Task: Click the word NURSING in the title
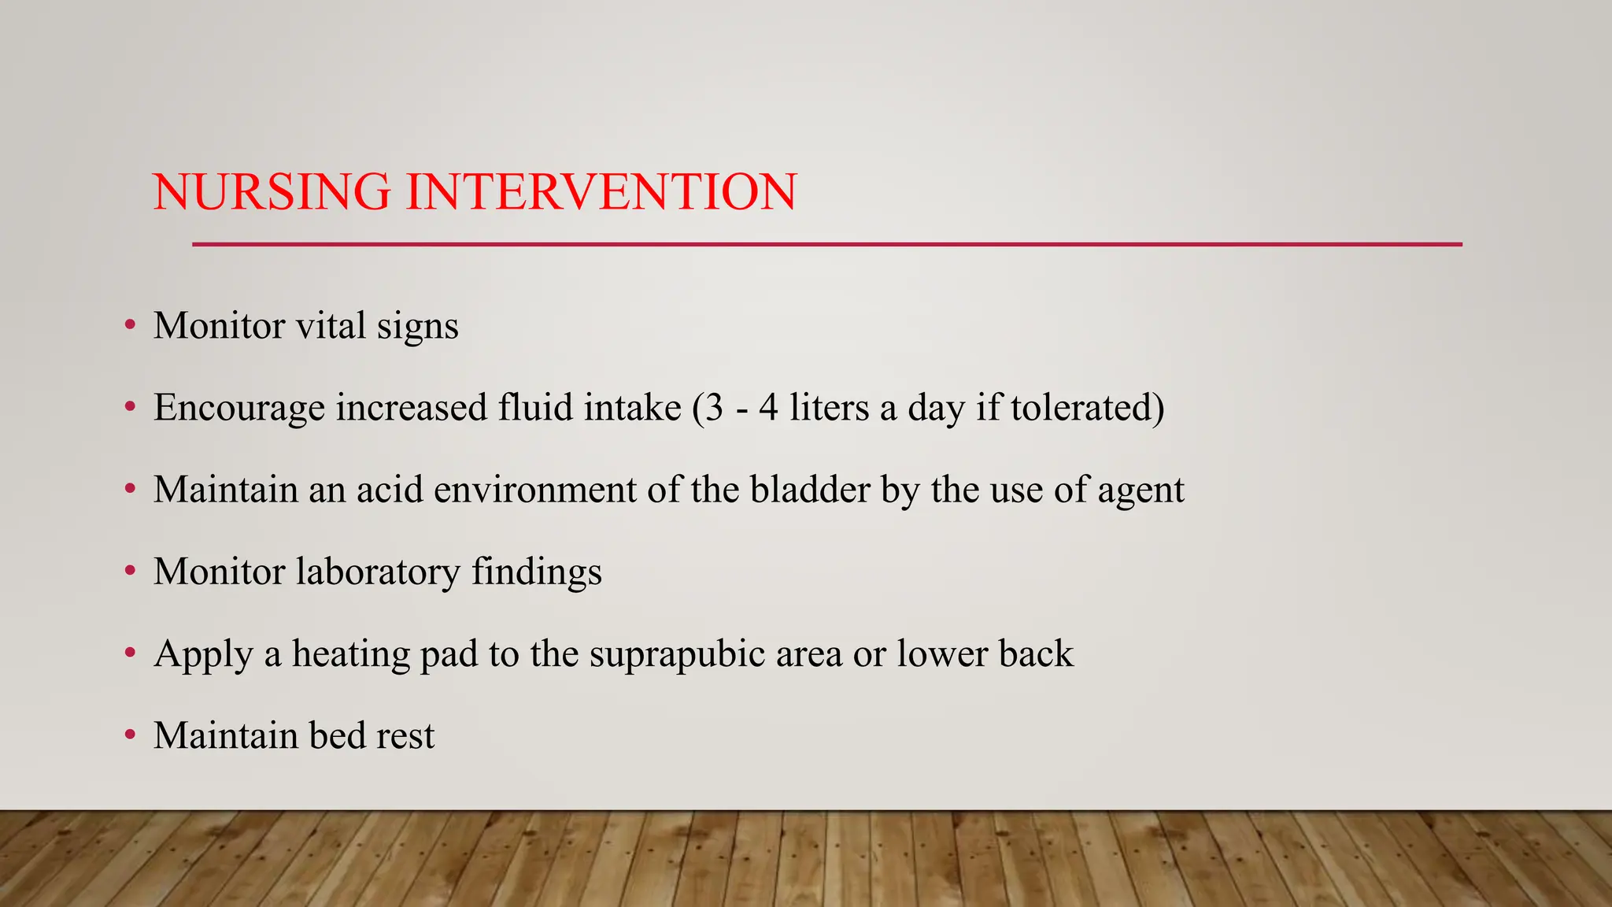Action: coord(272,192)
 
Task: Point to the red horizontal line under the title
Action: coord(826,244)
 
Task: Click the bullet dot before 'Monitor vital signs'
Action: coord(130,325)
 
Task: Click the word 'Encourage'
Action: coord(238,408)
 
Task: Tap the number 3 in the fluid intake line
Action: coord(714,408)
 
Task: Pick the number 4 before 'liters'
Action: coord(768,408)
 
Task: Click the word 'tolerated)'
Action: coord(1087,408)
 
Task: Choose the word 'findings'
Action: coord(537,572)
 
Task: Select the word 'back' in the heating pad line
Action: coord(1036,653)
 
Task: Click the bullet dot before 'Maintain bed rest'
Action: coord(130,735)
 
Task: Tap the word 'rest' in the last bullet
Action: coord(405,736)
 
